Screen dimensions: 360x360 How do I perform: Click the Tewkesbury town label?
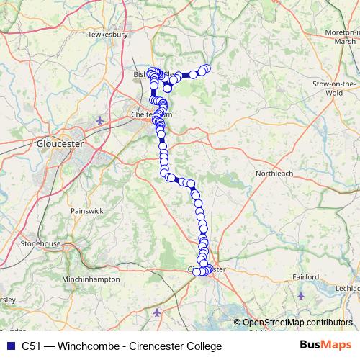pyautogui.click(x=107, y=34)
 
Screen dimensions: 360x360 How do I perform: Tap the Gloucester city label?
pyautogui.click(x=60, y=144)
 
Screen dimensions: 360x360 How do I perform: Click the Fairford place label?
pyautogui.click(x=305, y=276)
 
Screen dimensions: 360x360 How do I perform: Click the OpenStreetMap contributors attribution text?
pyautogui.click(x=297, y=323)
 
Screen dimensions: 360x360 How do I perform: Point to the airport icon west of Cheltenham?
pyautogui.click(x=99, y=120)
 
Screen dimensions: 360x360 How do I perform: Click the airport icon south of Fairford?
pyautogui.click(x=301, y=295)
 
